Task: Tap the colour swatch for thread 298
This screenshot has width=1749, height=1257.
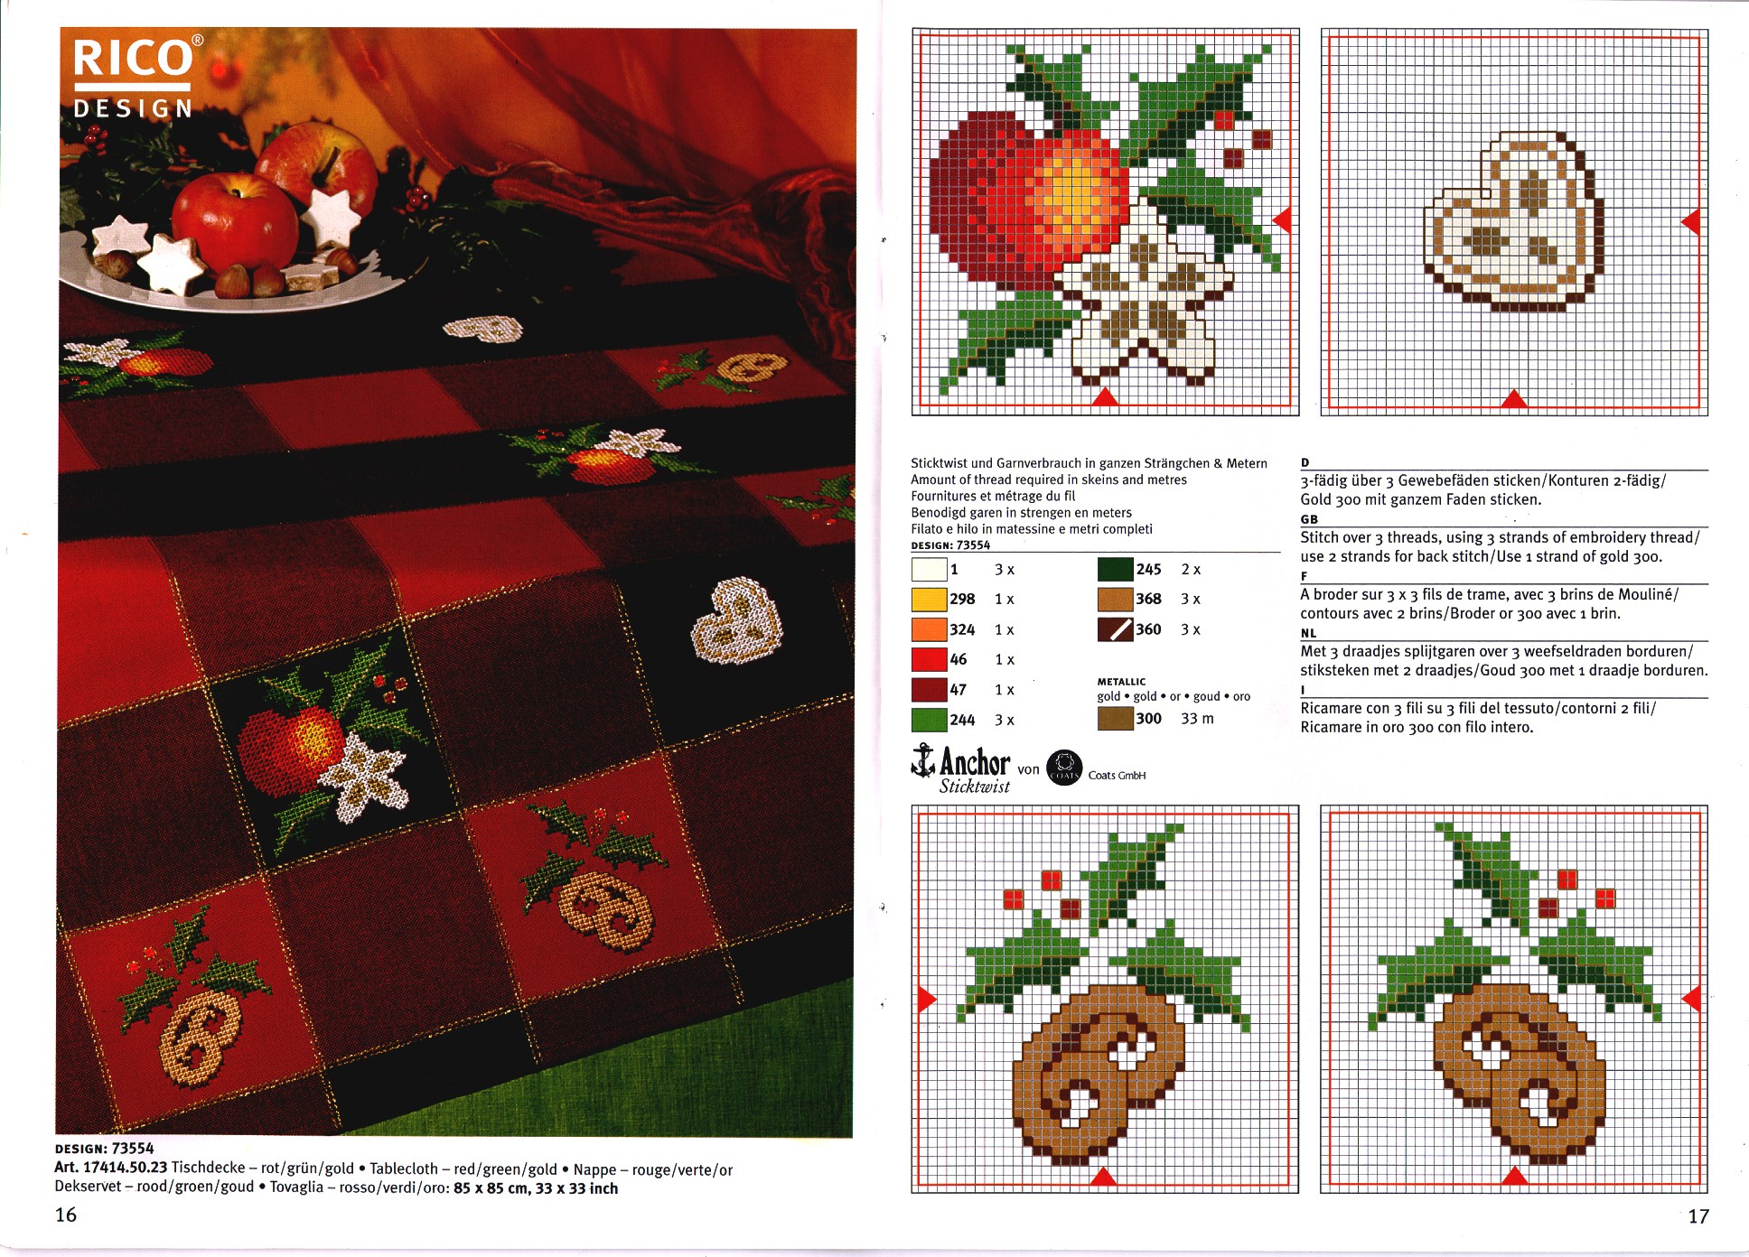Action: [929, 600]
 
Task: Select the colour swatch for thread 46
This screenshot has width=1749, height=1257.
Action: [929, 659]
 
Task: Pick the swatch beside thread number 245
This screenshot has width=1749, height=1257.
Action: [1115, 570]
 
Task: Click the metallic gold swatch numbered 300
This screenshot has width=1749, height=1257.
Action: [1115, 719]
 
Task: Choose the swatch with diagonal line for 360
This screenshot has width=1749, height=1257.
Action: [1115, 629]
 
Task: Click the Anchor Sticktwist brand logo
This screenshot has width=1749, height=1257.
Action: [961, 769]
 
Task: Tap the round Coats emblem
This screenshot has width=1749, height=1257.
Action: [1064, 768]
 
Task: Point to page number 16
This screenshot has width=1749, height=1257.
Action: [66, 1215]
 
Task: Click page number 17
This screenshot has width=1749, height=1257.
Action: [1698, 1216]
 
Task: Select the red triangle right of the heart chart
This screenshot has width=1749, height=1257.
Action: [1690, 221]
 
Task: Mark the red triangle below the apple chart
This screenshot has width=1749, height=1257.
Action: [1105, 396]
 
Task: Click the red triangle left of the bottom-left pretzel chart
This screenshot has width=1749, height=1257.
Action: [928, 999]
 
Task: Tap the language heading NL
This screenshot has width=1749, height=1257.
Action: [1308, 633]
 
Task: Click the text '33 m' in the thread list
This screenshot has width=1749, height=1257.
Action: [1197, 719]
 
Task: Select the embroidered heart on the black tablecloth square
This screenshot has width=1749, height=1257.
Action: [731, 619]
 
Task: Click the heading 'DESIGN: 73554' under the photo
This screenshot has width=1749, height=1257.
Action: [104, 1149]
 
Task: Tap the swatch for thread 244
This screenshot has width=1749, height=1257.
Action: [929, 720]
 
